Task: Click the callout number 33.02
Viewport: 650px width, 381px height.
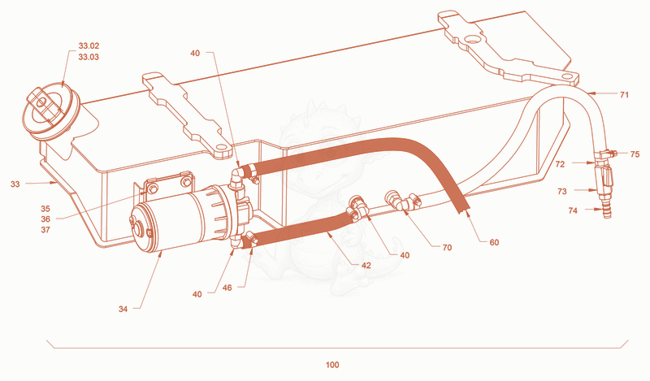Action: [x=89, y=46]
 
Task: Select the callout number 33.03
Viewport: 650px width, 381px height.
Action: [x=89, y=57]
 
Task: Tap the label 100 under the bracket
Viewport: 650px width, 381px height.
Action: [x=332, y=365]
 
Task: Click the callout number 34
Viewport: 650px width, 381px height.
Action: [x=123, y=309]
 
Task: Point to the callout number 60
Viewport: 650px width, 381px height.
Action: [x=494, y=243]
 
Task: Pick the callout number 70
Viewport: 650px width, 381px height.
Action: [x=447, y=248]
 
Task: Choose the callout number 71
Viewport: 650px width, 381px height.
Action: [x=624, y=95]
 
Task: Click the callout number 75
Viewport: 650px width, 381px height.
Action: [x=635, y=154]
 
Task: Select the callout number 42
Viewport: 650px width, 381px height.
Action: [x=366, y=266]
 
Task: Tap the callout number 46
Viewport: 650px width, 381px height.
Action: [x=227, y=288]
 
